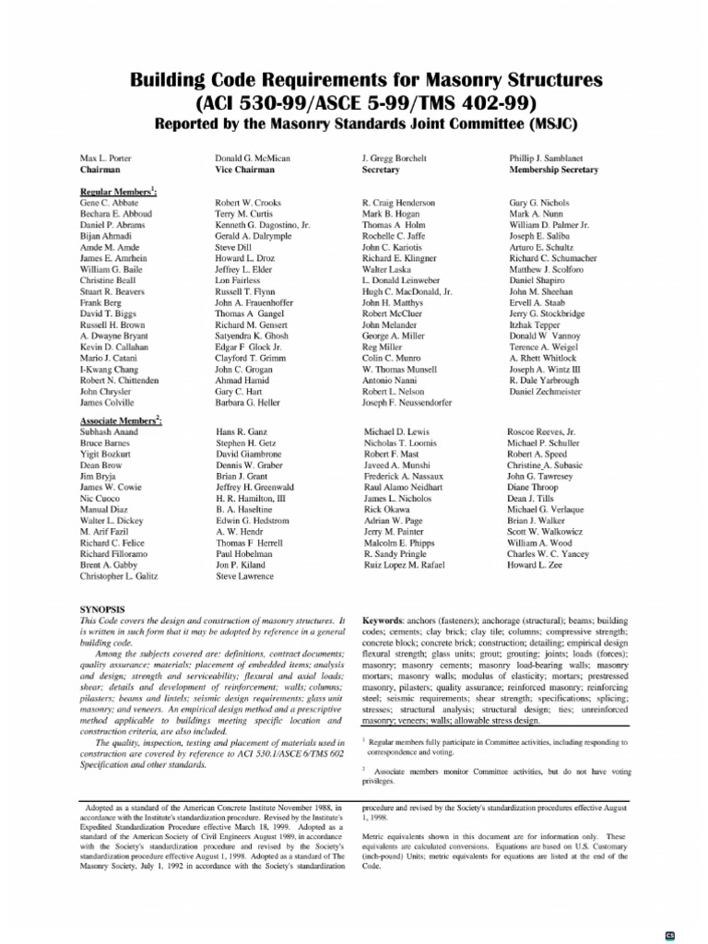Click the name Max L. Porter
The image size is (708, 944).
pyautogui.click(x=106, y=159)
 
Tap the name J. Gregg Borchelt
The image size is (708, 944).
pyautogui.click(x=394, y=159)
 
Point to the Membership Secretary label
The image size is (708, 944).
pyautogui.click(x=553, y=171)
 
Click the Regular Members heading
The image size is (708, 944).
pyautogui.click(x=118, y=190)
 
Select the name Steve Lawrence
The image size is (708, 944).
pyautogui.click(x=244, y=577)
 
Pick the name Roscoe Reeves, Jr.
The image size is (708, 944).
pyautogui.click(x=541, y=431)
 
